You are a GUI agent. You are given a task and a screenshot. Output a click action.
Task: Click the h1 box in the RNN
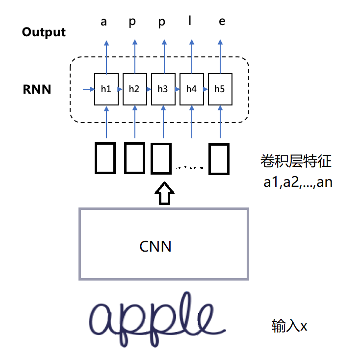(x=106, y=89)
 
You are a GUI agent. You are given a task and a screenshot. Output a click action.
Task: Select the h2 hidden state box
(x=134, y=89)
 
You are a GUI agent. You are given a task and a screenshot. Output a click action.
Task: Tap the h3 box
(x=163, y=89)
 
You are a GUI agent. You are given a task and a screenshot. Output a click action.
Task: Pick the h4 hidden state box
(x=191, y=89)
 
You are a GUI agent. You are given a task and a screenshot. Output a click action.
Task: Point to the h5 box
(x=220, y=89)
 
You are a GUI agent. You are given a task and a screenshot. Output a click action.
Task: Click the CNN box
(x=164, y=244)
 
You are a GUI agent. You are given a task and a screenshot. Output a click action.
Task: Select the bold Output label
(x=44, y=32)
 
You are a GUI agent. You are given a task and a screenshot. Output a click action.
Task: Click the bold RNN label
(x=37, y=90)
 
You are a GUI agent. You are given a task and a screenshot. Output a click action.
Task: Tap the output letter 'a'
(x=104, y=22)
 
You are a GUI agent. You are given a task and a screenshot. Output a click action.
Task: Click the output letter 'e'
(x=222, y=22)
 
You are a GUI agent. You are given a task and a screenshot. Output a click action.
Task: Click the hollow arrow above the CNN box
(x=163, y=193)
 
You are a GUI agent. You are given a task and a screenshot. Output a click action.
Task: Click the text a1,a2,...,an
(x=298, y=182)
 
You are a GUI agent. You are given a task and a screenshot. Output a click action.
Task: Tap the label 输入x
(x=289, y=326)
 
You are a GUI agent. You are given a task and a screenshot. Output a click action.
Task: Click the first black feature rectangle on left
(x=105, y=158)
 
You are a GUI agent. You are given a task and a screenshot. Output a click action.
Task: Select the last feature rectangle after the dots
(x=218, y=159)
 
